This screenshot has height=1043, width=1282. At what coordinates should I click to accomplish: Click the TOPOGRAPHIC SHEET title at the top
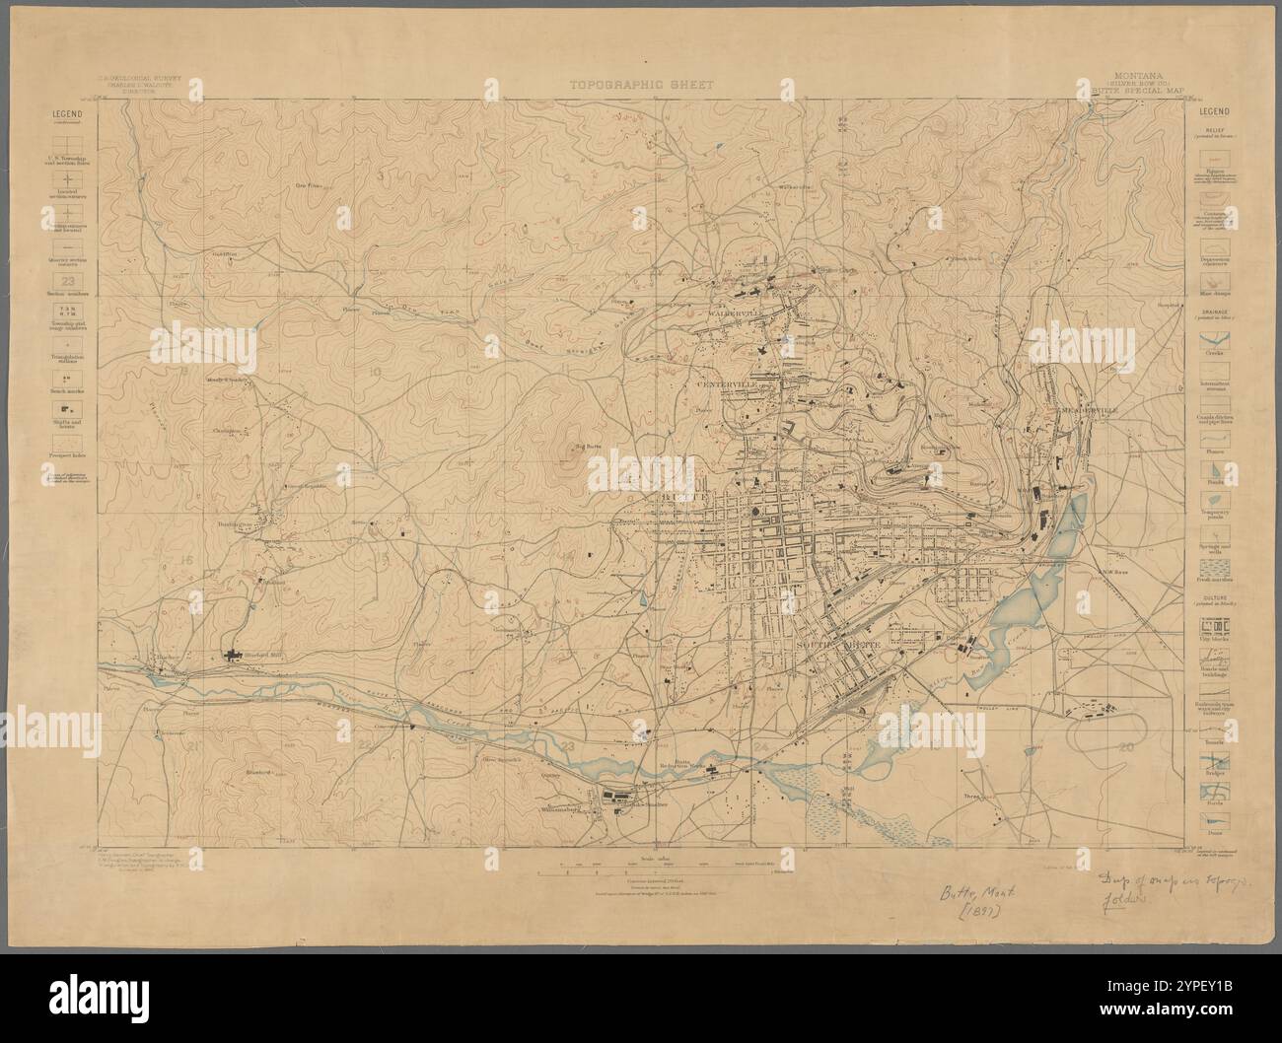click(640, 85)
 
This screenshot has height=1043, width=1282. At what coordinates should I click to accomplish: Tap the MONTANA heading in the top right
click(1143, 74)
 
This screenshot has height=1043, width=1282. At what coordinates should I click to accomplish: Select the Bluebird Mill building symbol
click(235, 655)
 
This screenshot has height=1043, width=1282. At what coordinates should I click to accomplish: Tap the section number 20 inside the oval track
click(1126, 749)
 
